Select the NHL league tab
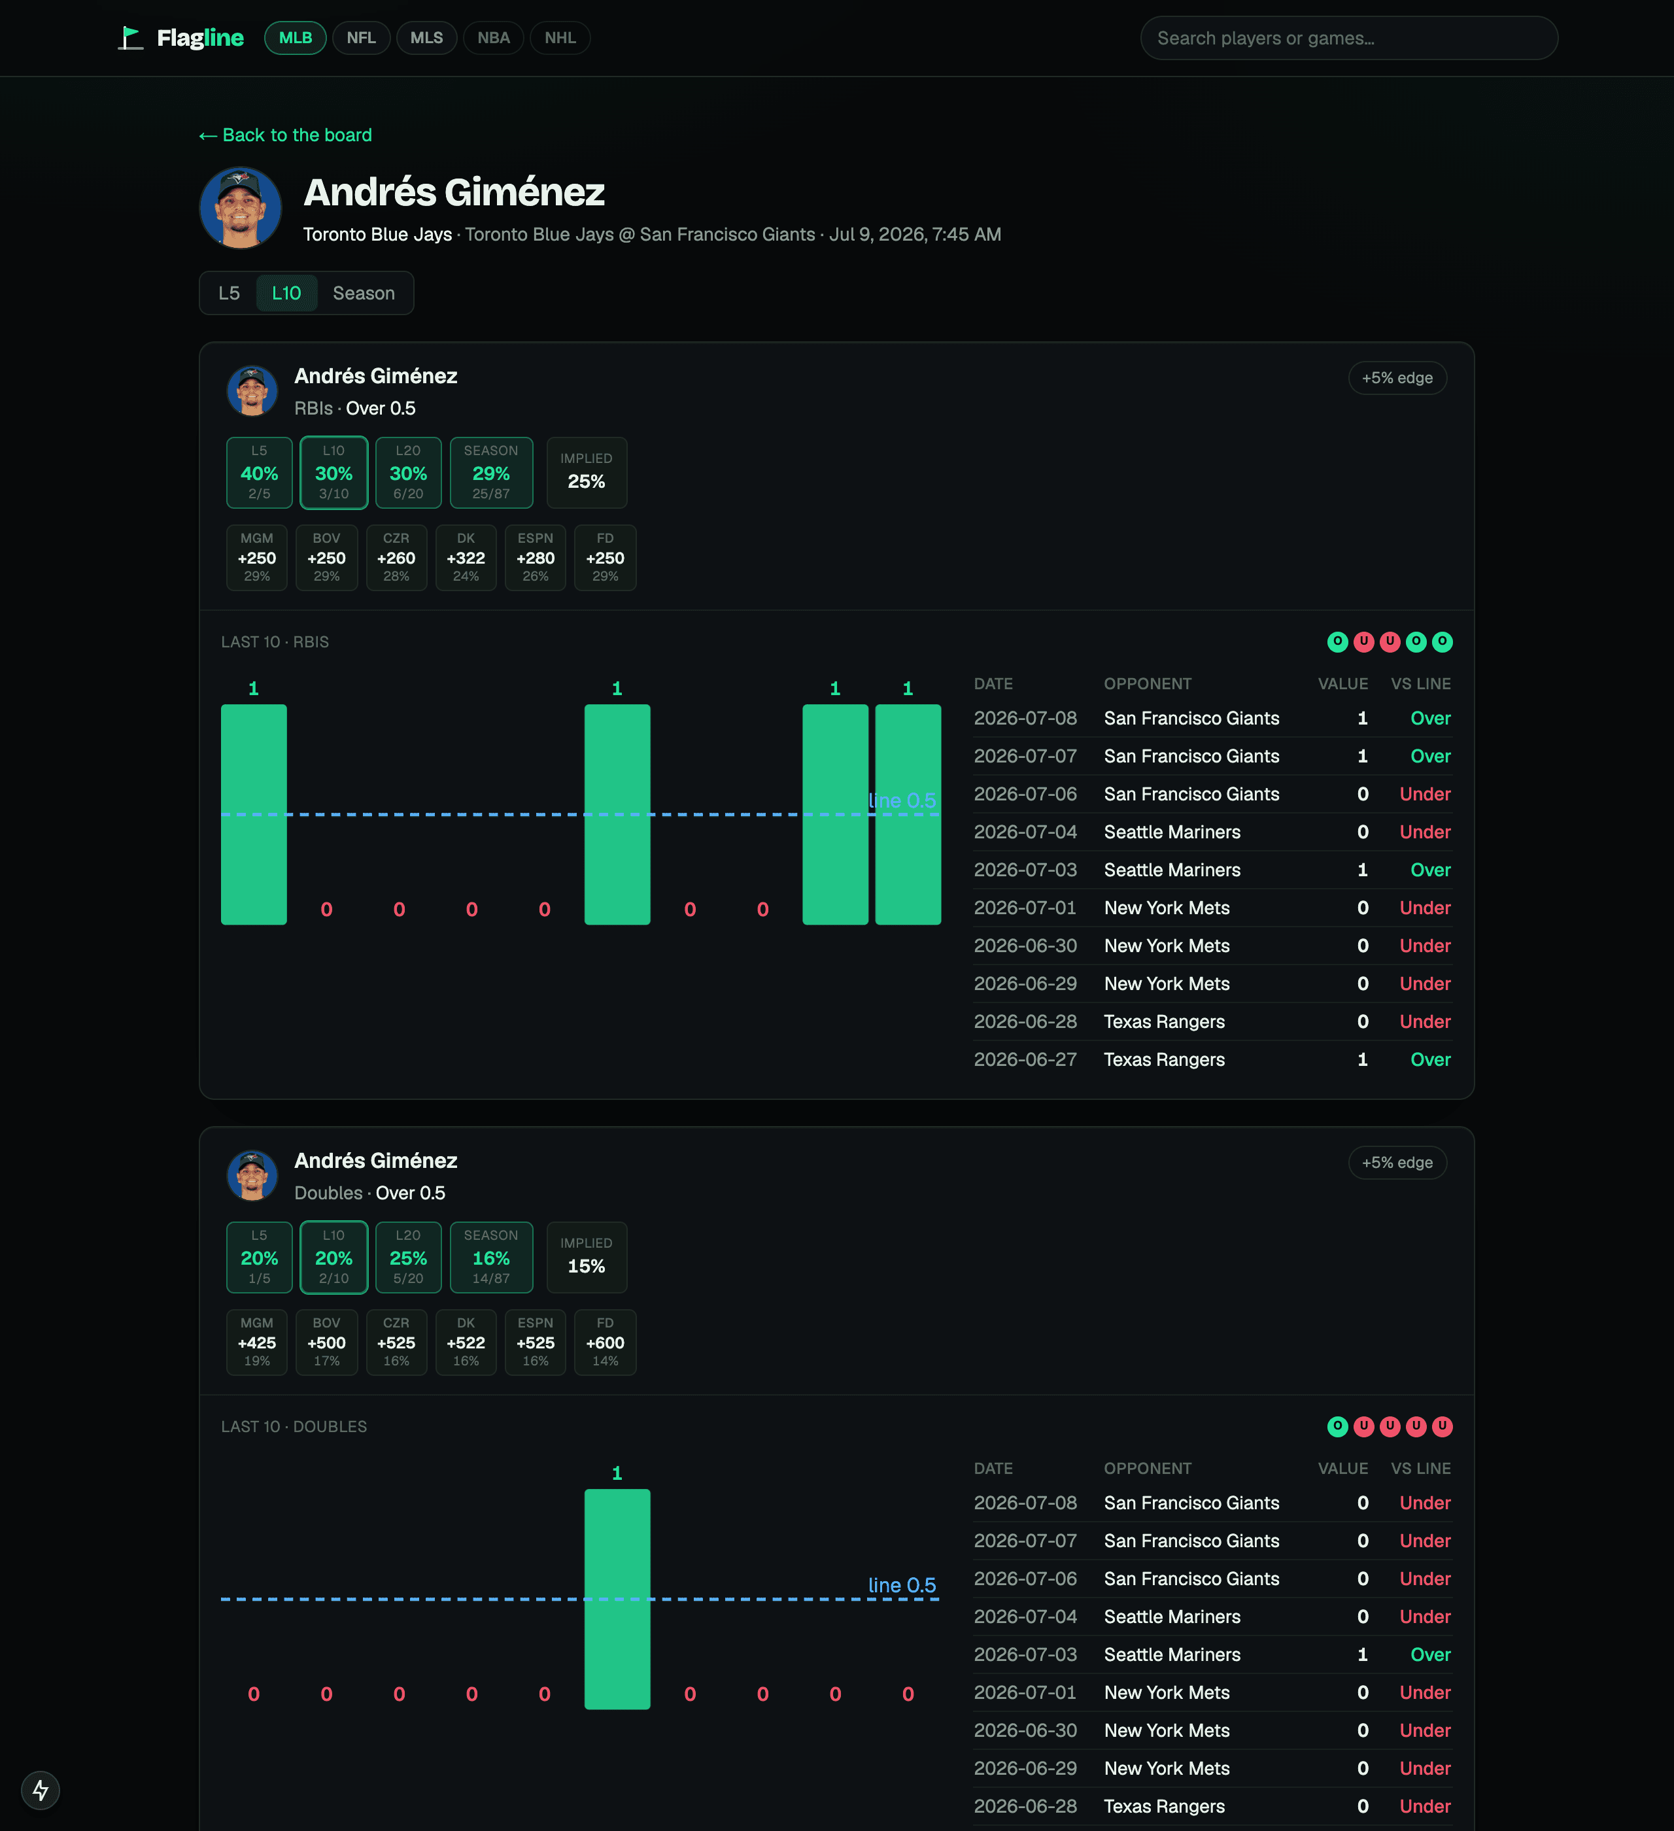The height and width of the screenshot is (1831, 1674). point(560,38)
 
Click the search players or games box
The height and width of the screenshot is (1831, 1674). point(1349,38)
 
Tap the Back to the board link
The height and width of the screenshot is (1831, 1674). point(285,135)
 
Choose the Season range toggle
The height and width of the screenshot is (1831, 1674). point(364,294)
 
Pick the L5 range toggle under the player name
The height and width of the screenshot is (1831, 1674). point(229,294)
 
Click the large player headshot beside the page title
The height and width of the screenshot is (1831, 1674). point(241,208)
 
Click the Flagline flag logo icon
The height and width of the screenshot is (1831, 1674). point(131,38)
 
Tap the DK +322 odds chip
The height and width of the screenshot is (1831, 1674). point(466,558)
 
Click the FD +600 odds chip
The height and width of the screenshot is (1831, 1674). point(605,1343)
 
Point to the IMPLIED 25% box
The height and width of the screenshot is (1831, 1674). point(587,473)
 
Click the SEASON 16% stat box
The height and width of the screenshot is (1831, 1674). point(491,1258)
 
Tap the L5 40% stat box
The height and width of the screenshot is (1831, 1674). point(260,473)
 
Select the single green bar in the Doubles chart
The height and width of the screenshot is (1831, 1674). point(618,1600)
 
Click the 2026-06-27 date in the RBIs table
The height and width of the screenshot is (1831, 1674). point(1025,1060)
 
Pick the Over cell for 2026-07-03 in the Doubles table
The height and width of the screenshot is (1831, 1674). point(1431,1655)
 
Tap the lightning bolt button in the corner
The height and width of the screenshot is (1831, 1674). point(41,1790)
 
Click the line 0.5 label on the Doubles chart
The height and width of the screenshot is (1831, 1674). point(902,1586)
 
